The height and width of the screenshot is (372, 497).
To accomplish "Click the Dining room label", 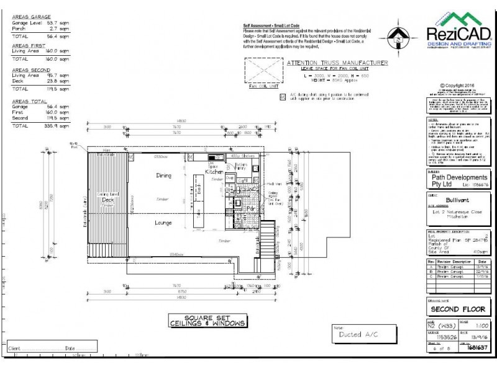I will tap(163, 176).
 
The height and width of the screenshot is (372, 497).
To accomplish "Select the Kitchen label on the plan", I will tap(215, 170).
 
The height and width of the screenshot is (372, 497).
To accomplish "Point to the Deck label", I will tap(108, 201).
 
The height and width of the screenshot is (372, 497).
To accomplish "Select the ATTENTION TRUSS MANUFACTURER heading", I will tap(337, 63).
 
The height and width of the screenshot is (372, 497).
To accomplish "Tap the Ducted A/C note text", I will tap(359, 334).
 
